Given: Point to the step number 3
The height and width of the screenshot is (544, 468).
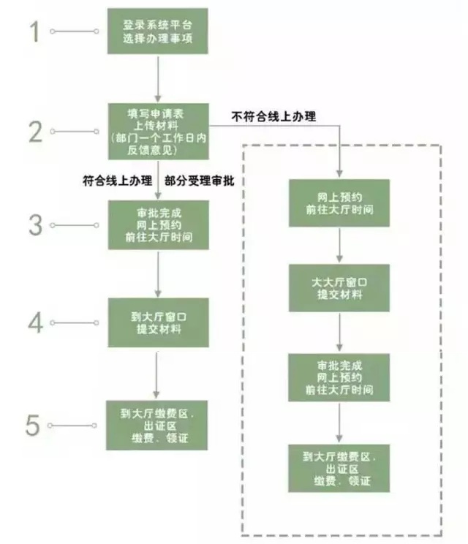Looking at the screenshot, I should point(35,224).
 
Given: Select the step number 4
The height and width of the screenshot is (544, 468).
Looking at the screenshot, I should point(35,322).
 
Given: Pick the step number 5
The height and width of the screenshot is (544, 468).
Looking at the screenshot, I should point(33,426).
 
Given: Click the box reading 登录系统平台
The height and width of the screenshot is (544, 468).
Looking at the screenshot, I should point(157,31).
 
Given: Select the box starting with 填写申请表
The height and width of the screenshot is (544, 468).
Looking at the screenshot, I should point(157,131).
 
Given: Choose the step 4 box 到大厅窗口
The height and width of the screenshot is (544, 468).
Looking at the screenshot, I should point(157,322).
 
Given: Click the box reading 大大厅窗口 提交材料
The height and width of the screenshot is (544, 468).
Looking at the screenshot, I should point(339,287).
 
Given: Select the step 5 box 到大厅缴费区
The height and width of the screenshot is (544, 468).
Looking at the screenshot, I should point(157,426).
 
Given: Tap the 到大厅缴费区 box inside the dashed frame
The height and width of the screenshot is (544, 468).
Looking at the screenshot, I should point(339,468).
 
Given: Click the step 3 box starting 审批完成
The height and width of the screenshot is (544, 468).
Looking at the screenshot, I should point(157,224).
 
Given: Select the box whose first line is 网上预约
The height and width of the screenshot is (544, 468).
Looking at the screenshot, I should point(339,203).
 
